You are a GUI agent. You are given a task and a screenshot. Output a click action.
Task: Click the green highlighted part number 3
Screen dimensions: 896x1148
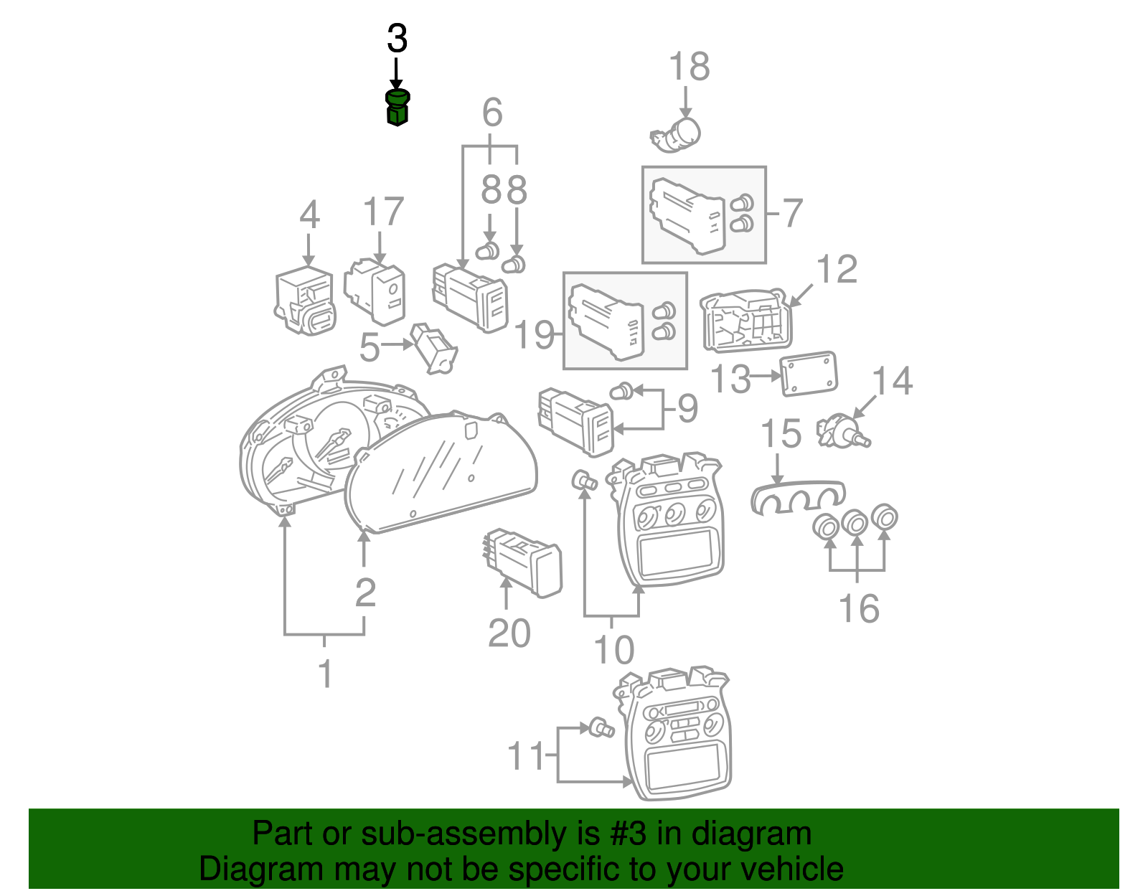(397, 108)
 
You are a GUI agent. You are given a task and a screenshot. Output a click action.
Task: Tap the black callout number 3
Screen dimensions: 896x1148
(397, 39)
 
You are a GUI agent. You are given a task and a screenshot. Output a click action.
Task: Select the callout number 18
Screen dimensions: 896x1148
(689, 67)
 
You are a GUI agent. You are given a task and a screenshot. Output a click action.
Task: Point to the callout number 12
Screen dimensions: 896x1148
(837, 270)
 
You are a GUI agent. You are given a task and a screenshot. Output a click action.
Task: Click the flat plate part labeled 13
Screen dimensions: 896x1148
(809, 373)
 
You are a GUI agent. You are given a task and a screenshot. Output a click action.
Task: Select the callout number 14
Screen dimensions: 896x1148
(892, 381)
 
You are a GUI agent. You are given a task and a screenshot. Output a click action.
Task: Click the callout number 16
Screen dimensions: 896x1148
(859, 609)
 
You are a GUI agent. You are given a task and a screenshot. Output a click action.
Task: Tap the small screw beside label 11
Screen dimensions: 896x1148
(601, 729)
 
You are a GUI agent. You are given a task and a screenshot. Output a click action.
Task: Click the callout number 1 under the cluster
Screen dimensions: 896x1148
(325, 674)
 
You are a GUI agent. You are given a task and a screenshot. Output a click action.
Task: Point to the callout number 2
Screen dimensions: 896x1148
(365, 593)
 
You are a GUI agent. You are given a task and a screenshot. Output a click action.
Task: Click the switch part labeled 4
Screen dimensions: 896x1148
(305, 301)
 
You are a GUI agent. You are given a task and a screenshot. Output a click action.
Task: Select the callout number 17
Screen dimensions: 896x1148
(383, 212)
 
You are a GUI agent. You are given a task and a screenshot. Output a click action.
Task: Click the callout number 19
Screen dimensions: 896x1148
(535, 335)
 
